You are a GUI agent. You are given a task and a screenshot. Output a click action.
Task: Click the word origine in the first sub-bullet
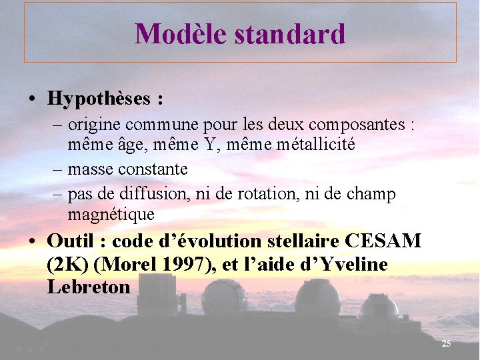[x=95, y=125]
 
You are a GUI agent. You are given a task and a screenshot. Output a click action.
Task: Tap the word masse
[x=91, y=169]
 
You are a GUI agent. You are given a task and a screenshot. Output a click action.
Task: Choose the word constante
[x=153, y=169]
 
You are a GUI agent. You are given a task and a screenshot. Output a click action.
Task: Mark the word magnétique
[x=111, y=214]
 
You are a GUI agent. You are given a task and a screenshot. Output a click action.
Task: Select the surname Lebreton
[x=89, y=287]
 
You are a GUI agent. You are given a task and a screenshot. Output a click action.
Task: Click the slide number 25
[x=446, y=343]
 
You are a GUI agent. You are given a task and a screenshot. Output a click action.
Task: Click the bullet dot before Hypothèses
[x=33, y=99]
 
